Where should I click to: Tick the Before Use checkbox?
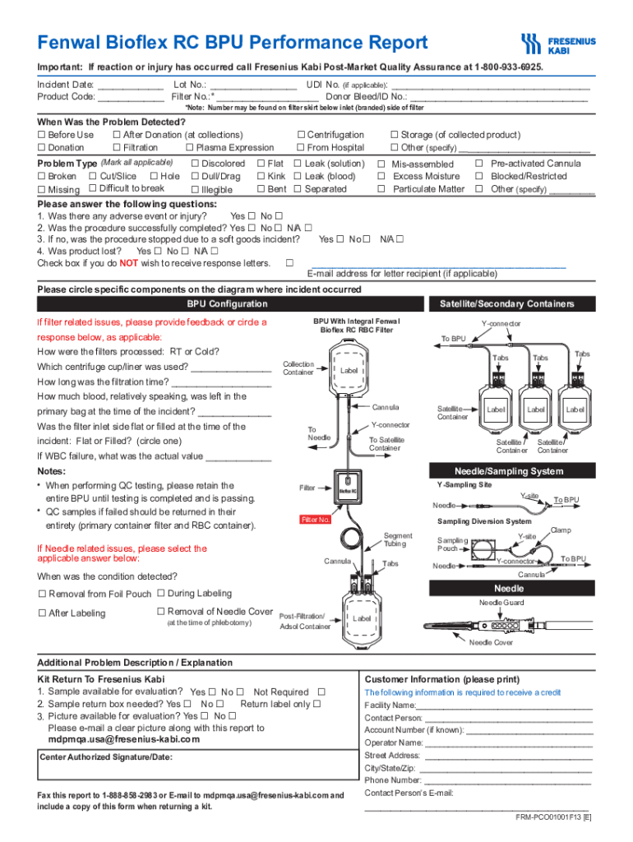click(41, 135)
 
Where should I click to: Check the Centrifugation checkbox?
click(301, 135)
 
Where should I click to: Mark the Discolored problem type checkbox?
click(194, 164)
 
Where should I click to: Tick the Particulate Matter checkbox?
click(381, 189)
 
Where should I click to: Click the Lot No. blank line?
click(252, 86)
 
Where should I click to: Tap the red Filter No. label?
click(316, 520)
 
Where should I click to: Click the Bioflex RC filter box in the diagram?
click(348, 490)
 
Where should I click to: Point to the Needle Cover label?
click(491, 643)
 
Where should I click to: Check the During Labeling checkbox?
click(160, 593)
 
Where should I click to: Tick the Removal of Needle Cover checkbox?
click(160, 611)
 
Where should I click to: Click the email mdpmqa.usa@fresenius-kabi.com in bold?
click(124, 738)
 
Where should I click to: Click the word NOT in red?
click(129, 263)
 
